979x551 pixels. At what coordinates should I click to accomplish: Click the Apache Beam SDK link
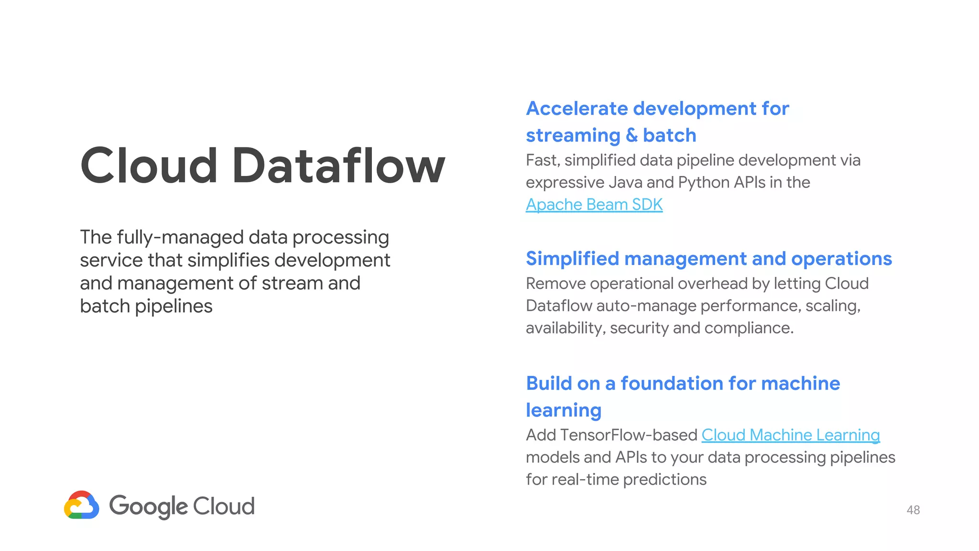point(594,205)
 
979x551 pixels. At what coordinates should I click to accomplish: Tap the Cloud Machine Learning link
point(790,435)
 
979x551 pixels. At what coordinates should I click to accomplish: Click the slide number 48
point(913,510)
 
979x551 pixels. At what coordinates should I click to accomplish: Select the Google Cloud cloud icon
point(82,505)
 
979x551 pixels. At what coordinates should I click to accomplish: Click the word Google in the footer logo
point(149,506)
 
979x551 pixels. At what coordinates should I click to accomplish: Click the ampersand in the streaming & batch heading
point(631,135)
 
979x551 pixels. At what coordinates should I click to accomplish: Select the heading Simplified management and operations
point(708,259)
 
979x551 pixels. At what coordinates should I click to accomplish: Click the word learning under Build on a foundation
point(564,410)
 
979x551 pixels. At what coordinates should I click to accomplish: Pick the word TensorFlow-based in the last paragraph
point(629,435)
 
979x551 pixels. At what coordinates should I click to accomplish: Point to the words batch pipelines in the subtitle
point(146,307)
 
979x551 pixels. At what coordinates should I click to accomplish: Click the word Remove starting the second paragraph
point(555,284)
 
